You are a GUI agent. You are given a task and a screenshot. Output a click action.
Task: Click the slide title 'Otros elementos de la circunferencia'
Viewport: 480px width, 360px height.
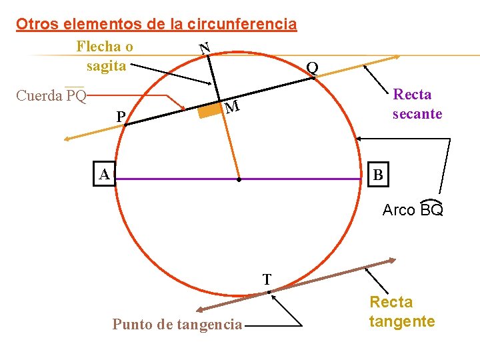[157, 25]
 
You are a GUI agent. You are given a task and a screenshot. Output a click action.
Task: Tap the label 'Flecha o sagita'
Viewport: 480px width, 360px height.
[105, 56]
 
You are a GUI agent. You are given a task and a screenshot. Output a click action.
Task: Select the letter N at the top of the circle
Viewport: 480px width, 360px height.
[205, 48]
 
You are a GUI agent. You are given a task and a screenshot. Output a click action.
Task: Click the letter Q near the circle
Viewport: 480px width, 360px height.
[311, 67]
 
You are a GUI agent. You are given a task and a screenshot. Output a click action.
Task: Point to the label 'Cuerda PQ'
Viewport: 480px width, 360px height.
[51, 96]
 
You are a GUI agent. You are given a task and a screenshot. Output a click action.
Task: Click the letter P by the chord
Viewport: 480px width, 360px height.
[121, 117]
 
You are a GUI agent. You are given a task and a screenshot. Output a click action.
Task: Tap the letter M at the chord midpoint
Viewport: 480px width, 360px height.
[231, 107]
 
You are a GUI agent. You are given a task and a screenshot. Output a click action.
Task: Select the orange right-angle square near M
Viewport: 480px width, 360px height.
[211, 111]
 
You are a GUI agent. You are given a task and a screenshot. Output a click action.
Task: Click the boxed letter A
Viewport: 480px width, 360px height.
[104, 175]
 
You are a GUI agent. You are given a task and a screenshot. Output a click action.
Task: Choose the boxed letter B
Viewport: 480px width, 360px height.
[378, 175]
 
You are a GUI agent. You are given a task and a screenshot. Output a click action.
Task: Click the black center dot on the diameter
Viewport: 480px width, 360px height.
[239, 179]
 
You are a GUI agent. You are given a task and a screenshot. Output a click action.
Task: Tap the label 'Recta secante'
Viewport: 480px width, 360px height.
[417, 104]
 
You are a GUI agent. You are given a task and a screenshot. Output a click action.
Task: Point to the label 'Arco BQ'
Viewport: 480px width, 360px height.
[413, 210]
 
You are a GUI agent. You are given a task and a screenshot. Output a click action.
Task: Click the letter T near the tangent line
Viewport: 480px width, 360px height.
[267, 279]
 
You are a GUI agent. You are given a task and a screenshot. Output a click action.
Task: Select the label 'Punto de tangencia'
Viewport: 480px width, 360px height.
[177, 325]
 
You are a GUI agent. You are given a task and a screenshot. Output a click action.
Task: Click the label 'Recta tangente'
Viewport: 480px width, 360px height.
[402, 312]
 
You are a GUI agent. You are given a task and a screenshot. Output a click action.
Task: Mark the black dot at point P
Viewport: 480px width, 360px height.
[124, 125]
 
